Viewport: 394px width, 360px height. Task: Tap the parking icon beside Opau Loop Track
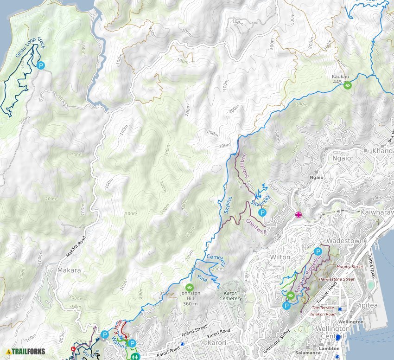(41, 66)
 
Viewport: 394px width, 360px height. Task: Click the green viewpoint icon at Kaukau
(348, 85)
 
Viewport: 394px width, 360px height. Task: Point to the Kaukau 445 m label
(340, 79)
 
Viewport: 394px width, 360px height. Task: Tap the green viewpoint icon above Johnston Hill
(189, 287)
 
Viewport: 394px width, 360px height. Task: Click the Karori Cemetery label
(230, 296)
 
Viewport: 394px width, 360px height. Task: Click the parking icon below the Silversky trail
(262, 213)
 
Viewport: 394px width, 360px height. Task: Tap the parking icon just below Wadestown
(318, 251)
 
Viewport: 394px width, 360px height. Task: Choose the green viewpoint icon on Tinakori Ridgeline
(291, 296)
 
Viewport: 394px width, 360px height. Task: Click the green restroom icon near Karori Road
(134, 357)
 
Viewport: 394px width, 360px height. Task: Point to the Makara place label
(69, 270)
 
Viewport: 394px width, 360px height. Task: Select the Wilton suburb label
(280, 257)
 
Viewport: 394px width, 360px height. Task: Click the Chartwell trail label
(256, 225)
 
